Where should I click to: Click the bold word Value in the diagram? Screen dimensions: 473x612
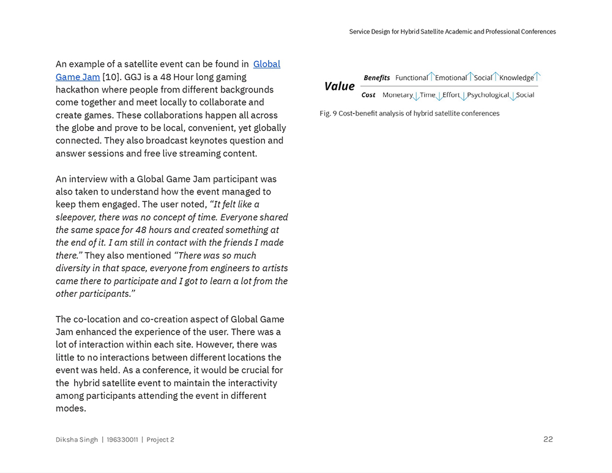[339, 86]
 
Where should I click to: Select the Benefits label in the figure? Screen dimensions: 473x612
[376, 78]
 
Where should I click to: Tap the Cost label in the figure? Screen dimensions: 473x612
[368, 95]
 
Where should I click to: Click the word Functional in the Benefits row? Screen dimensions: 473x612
[411, 78]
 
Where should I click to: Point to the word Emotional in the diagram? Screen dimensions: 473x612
[451, 78]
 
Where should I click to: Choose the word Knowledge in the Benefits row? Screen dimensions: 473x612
[517, 78]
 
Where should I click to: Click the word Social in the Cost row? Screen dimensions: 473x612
[525, 95]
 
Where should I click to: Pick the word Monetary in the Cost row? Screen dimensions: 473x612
[397, 95]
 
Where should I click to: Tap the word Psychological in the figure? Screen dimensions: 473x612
[488, 95]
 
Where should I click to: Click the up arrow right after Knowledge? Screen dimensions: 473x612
[537, 76]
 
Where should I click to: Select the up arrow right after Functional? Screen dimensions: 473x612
[431, 76]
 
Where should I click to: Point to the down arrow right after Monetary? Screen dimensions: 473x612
[416, 96]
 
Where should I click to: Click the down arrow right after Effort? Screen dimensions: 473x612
[463, 96]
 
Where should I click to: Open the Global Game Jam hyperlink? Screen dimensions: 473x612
[266, 64]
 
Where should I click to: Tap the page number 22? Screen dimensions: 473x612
[548, 439]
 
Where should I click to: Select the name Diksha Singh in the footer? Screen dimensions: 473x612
[76, 439]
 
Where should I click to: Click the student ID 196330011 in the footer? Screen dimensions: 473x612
[122, 439]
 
